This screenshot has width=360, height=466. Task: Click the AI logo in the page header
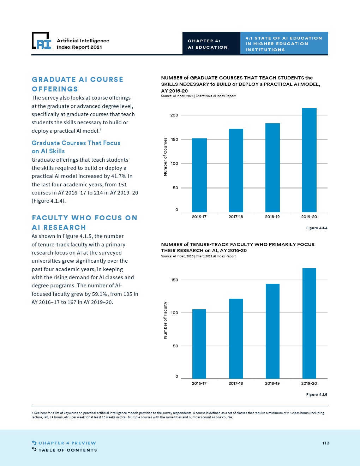(x=42, y=41)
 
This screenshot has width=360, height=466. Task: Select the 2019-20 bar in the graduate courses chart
(x=309, y=160)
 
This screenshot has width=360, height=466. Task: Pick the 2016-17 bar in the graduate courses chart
(x=199, y=175)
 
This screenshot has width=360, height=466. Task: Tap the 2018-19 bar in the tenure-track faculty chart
(x=272, y=331)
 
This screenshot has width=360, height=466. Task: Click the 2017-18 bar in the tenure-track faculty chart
(x=236, y=339)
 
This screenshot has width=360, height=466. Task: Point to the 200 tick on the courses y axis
(x=174, y=115)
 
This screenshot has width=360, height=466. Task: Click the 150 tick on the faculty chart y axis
(x=174, y=280)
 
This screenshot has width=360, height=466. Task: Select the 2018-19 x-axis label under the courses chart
(x=272, y=217)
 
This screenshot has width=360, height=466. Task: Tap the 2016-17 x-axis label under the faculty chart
(x=199, y=383)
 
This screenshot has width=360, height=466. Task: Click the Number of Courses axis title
(x=165, y=157)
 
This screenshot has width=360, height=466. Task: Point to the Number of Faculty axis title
(x=165, y=320)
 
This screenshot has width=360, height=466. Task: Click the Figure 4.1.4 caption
(x=317, y=228)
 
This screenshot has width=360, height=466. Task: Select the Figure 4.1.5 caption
(x=317, y=395)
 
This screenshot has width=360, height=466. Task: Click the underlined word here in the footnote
(x=43, y=413)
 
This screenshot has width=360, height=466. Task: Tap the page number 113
(x=326, y=443)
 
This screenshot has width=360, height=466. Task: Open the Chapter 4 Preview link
(x=64, y=443)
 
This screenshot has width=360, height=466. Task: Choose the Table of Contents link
(x=64, y=450)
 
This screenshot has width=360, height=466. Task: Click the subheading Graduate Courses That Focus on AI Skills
(x=76, y=147)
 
